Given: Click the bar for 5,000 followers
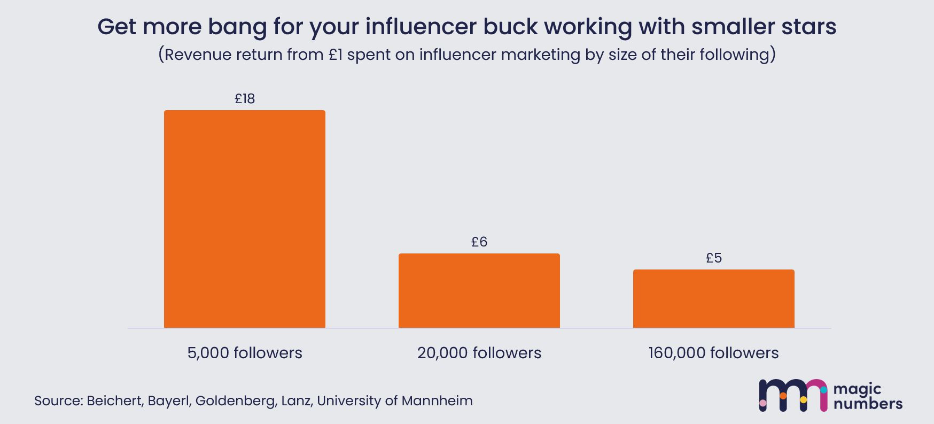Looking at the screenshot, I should pyautogui.click(x=244, y=219).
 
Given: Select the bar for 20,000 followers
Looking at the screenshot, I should pyautogui.click(x=479, y=290).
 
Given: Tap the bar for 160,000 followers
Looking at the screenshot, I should pyautogui.click(x=713, y=298).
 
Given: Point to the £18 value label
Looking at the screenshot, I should pyautogui.click(x=245, y=99).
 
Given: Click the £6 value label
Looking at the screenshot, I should pyautogui.click(x=479, y=242).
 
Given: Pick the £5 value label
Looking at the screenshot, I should pyautogui.click(x=714, y=258).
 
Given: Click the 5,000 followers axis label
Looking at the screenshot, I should pyautogui.click(x=245, y=353).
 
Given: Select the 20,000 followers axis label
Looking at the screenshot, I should pyautogui.click(x=479, y=353).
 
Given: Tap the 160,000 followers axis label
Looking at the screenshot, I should pyautogui.click(x=713, y=353).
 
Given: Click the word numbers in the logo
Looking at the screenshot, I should pyautogui.click(x=868, y=404).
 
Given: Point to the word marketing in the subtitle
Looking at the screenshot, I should pyautogui.click(x=539, y=55).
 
